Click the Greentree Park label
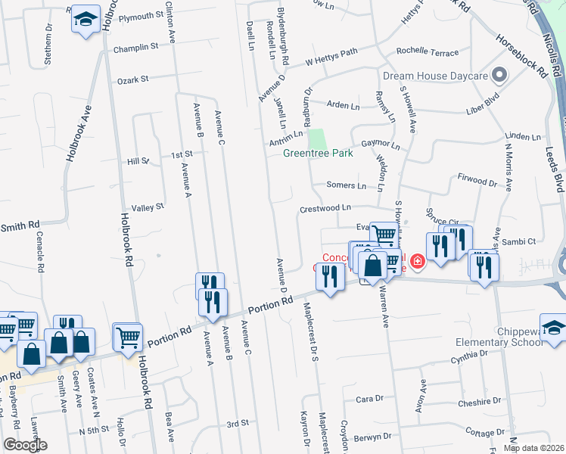click(318, 153)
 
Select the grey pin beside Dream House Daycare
click(499, 75)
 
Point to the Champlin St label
click(135, 46)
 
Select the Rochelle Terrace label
click(429, 53)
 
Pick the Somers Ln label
click(346, 185)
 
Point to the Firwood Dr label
click(477, 182)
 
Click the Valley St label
click(148, 207)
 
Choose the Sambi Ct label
click(521, 241)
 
